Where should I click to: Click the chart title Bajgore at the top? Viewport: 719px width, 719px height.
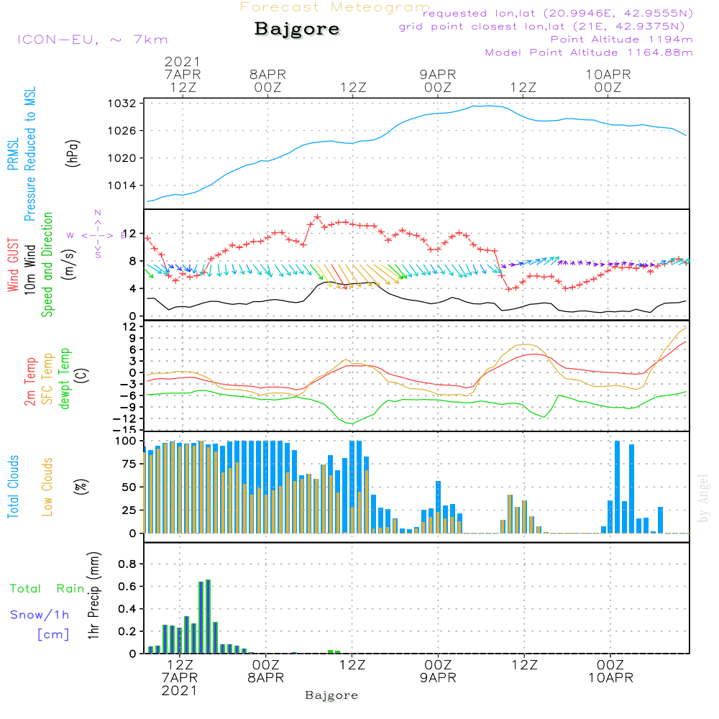297,30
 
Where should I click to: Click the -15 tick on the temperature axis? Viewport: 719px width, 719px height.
126,429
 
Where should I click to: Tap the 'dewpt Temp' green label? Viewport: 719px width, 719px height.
64,379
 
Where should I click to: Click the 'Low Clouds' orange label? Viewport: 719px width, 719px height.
47,487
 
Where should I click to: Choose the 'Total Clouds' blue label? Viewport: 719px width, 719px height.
14,487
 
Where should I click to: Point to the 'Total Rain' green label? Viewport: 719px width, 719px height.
47,588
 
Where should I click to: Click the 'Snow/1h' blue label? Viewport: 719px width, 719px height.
40,615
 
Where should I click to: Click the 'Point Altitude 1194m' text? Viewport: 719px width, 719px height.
621,39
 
